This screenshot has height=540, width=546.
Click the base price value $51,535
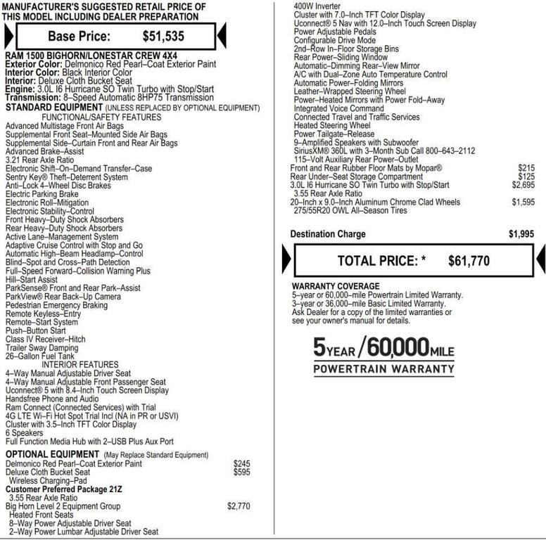click(x=164, y=36)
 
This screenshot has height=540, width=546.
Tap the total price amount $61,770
click(x=469, y=261)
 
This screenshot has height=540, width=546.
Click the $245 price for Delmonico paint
click(x=241, y=464)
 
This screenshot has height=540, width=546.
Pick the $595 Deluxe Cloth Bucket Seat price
click(x=241, y=472)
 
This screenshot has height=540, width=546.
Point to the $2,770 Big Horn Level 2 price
click(x=239, y=506)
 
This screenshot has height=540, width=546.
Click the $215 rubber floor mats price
click(x=526, y=168)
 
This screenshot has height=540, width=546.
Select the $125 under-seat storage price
click(x=526, y=176)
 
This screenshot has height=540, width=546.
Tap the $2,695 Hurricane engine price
click(x=523, y=185)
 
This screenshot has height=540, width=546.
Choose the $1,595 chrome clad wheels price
click(x=523, y=202)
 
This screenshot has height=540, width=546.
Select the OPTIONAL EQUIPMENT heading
click(x=52, y=455)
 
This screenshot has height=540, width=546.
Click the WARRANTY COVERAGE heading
click(x=335, y=287)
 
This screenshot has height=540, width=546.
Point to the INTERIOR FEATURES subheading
click(x=80, y=364)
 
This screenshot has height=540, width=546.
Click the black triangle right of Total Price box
click(x=540, y=261)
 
